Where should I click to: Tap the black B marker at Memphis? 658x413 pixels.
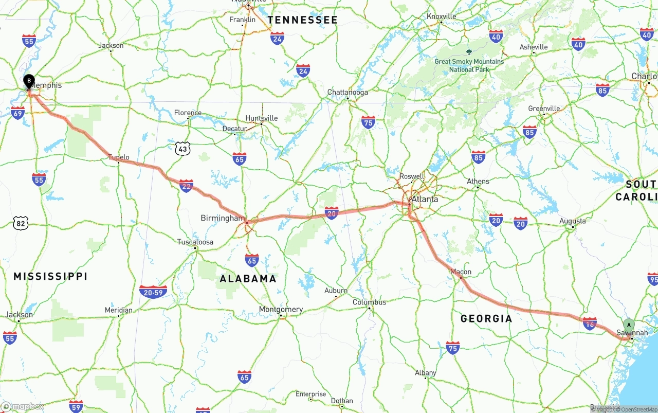coord(29,81)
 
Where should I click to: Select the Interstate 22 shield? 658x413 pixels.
coord(186,185)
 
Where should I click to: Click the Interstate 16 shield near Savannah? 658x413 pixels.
coord(590,322)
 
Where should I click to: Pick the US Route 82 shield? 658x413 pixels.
coord(20,223)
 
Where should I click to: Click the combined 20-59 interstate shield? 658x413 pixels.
coord(153,292)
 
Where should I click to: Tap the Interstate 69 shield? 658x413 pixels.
coord(17,112)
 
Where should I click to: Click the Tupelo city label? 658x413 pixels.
coord(119,157)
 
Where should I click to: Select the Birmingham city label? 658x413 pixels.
coord(223,218)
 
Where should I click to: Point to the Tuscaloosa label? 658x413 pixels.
coord(195,242)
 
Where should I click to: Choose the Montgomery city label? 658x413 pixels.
coord(281,310)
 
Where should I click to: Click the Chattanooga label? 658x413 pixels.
coord(348,93)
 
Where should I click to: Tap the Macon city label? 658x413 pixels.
coord(461,272)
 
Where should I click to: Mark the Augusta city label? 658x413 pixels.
coord(572,221)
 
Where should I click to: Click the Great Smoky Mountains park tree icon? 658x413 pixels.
coord(469,51)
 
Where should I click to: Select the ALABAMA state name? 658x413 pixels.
coord(248,279)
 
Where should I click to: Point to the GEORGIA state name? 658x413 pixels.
coord(486,318)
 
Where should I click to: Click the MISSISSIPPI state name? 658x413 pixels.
coord(50,277)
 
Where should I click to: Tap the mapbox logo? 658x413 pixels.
coord(23,406)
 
